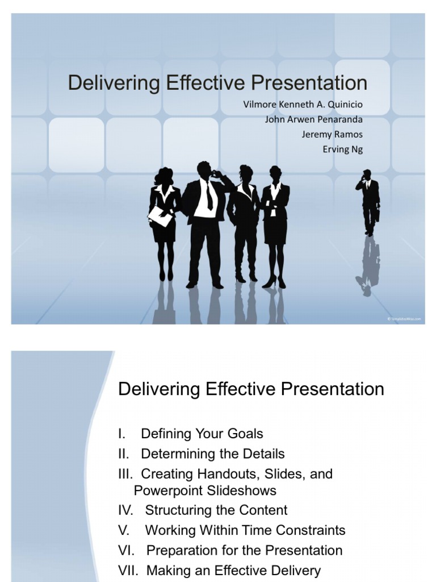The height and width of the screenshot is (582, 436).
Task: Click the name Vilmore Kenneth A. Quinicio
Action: click(x=302, y=105)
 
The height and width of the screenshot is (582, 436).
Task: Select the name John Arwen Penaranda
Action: click(x=313, y=119)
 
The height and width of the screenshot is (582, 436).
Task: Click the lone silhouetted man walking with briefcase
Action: click(x=368, y=202)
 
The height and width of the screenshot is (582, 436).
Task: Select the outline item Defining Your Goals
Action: click(x=202, y=434)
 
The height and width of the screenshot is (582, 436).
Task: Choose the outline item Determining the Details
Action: click(x=212, y=454)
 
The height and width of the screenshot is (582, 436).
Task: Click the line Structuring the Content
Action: click(x=216, y=510)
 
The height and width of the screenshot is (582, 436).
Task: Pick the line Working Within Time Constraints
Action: click(x=245, y=530)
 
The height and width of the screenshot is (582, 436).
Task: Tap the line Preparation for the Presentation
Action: click(x=244, y=550)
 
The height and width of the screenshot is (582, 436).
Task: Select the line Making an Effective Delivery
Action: click(x=233, y=570)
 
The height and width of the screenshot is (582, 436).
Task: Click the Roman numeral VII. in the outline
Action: click(x=128, y=570)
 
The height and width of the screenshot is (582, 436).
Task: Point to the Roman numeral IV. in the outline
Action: click(x=126, y=510)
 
